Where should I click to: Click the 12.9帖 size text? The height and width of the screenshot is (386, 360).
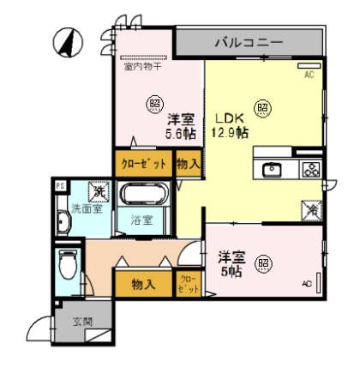coord(231,133)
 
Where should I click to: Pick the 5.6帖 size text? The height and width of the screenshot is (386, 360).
coord(180,134)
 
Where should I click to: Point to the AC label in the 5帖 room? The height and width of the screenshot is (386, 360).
coord(306,283)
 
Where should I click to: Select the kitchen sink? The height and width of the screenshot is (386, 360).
coord(273,169)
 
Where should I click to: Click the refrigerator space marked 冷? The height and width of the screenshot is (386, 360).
coord(309,207)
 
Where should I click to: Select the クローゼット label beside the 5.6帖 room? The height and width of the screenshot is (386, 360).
coord(141,163)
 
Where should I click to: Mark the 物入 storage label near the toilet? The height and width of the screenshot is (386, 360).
coord(142,283)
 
